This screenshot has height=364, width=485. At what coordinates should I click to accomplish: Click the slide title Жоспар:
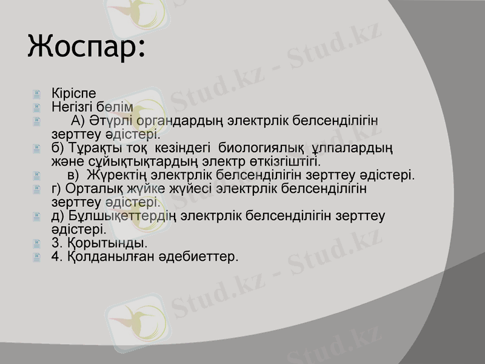click(x=87, y=47)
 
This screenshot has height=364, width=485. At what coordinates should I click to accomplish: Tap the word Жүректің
click(x=116, y=176)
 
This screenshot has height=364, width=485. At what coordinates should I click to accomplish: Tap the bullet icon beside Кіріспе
click(x=38, y=95)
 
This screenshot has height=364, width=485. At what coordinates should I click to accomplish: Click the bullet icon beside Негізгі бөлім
click(x=38, y=108)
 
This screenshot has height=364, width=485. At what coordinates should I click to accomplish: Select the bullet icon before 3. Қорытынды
click(x=38, y=244)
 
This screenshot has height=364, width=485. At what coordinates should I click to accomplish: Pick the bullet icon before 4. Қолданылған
click(x=38, y=257)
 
